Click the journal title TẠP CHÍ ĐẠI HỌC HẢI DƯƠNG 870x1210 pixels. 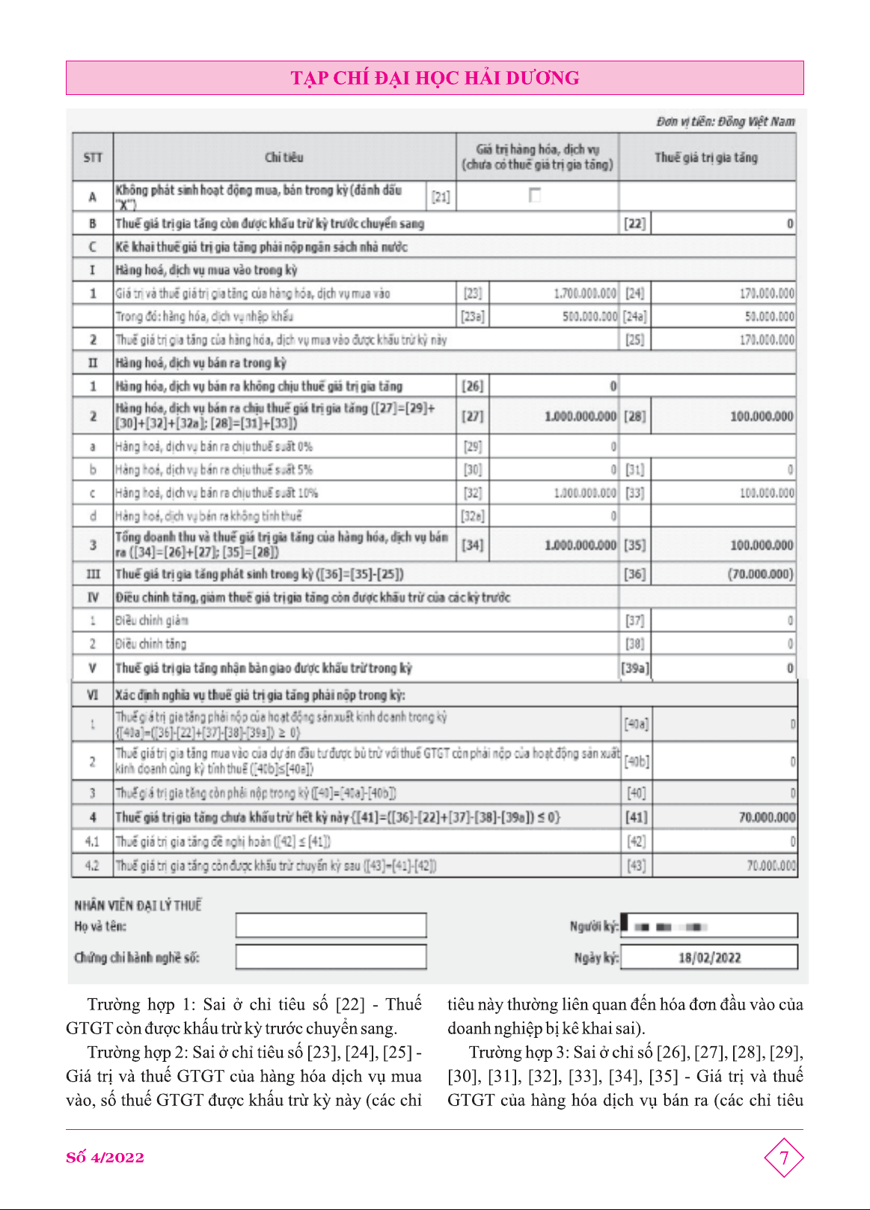[435, 78]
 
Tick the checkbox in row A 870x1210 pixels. [534, 195]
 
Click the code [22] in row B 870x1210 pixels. [634, 223]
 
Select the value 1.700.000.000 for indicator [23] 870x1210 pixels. [585, 293]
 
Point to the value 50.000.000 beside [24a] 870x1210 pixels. [769, 317]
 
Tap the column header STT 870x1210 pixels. [93, 157]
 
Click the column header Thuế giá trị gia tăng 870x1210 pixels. [706, 157]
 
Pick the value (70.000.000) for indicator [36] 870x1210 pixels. [760, 574]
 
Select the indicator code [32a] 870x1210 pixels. [472, 516]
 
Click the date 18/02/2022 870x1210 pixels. [709, 957]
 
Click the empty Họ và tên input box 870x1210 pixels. [331, 926]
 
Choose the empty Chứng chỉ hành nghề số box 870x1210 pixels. [331, 957]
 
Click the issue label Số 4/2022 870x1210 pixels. [105, 1158]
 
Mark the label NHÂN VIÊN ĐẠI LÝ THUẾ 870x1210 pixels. [138, 905]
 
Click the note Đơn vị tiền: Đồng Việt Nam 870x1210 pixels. [725, 121]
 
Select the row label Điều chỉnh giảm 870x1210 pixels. [152, 620]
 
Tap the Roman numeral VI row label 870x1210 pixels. [93, 694]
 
